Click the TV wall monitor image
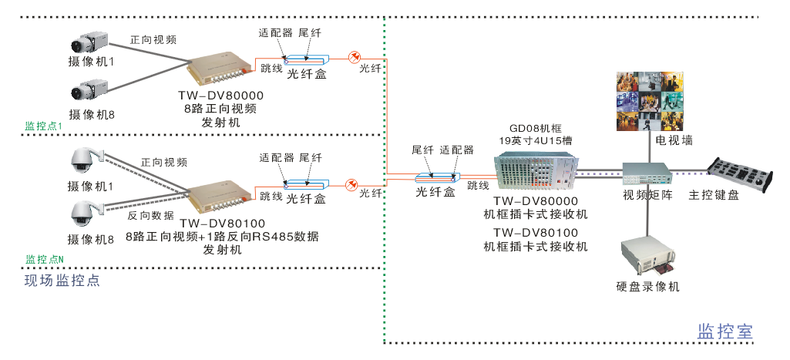click(x=650, y=100)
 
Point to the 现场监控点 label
click(x=62, y=280)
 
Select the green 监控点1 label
click(x=44, y=126)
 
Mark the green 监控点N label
click(x=45, y=259)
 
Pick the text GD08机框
click(x=536, y=128)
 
